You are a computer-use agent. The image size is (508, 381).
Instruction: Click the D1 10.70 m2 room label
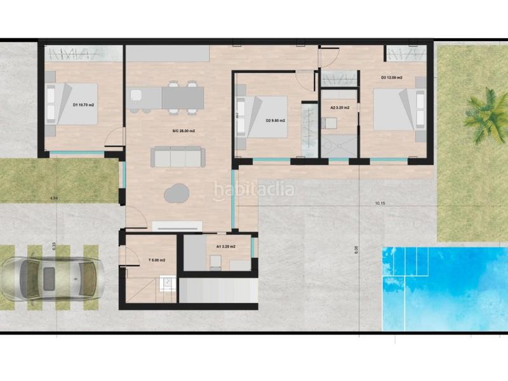click(84, 105)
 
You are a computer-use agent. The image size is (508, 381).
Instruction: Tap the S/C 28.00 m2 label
click(183, 131)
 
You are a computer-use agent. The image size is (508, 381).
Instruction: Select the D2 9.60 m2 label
click(275, 121)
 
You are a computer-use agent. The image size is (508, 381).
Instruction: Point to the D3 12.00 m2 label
click(392, 78)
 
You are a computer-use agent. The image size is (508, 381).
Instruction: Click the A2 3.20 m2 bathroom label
click(340, 108)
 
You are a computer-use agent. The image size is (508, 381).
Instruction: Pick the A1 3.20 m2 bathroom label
click(226, 246)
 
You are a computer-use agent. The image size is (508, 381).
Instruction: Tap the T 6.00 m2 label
click(156, 260)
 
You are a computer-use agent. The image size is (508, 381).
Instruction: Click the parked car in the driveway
click(52, 280)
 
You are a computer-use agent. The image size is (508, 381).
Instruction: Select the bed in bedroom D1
click(70, 105)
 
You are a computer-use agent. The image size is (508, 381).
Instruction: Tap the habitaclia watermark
click(254, 188)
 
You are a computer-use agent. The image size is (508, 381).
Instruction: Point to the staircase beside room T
click(216, 291)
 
